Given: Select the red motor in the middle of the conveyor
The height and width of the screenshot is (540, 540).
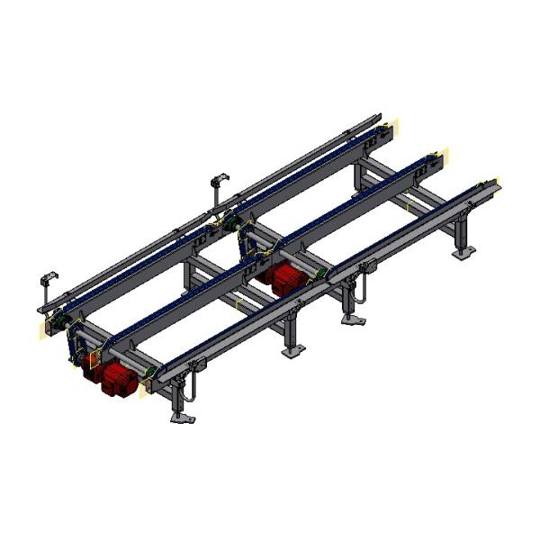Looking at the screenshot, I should tap(287, 278).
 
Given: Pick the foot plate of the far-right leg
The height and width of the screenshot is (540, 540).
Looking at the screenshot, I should tap(463, 254).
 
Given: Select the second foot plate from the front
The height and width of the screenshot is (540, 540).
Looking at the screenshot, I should tap(293, 351).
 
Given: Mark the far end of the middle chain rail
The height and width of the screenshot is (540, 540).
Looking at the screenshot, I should tap(442, 156).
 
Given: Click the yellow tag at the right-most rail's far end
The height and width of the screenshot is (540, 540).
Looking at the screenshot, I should tap(497, 186).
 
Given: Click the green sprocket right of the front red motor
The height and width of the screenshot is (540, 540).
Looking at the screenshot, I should tap(149, 371).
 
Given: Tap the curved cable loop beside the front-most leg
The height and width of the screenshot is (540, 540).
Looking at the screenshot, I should tap(191, 389).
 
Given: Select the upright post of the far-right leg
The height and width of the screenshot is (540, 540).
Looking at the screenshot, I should tap(463, 232).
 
